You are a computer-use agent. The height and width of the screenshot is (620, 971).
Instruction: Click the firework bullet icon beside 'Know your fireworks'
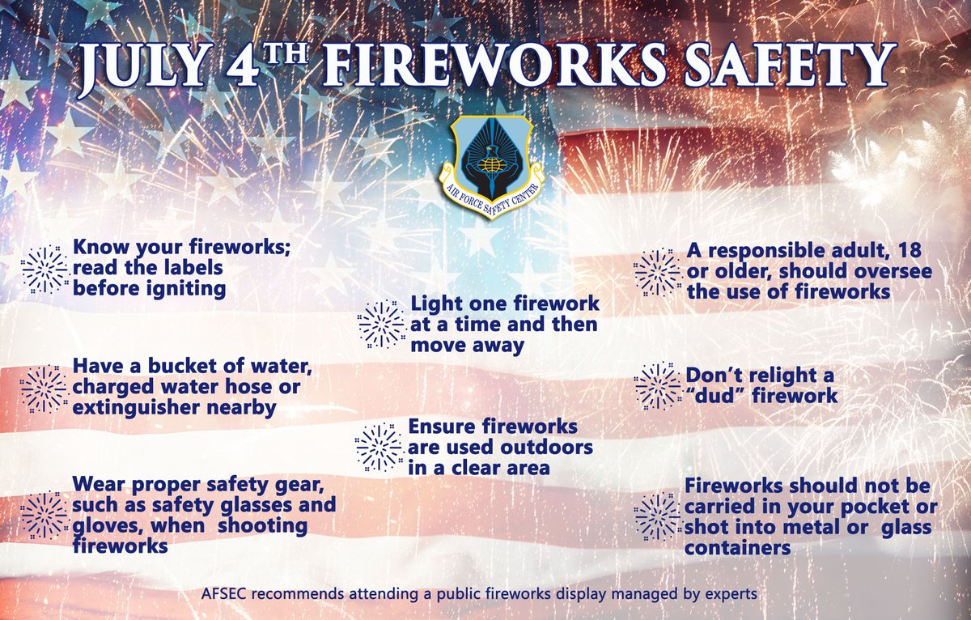pyautogui.click(x=44, y=268)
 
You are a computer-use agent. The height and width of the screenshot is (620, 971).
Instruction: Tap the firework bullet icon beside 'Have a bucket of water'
pyautogui.click(x=44, y=388)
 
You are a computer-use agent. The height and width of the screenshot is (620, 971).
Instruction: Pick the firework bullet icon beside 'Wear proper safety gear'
pyautogui.click(x=44, y=514)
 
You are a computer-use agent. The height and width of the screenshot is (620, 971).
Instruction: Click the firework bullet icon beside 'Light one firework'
pyautogui.click(x=380, y=325)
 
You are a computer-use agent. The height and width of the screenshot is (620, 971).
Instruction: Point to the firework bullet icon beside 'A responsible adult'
pyautogui.click(x=656, y=271)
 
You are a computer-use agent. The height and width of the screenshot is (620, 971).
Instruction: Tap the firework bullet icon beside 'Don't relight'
pyautogui.click(x=656, y=386)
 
